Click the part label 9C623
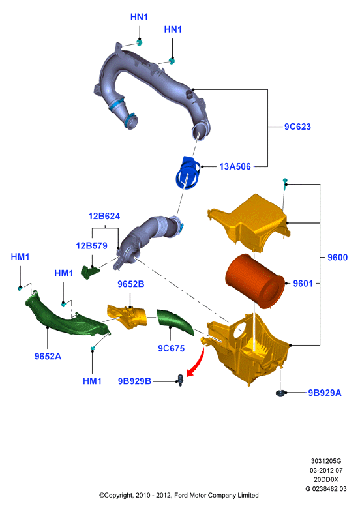(x=297, y=127)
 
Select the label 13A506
(x=235, y=166)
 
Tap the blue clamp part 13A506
(x=188, y=173)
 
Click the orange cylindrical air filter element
(x=255, y=281)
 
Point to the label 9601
(x=303, y=284)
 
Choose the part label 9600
(x=337, y=258)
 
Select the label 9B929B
(x=134, y=381)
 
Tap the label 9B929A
(x=324, y=393)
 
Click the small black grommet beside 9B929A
(x=280, y=393)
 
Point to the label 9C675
(x=171, y=349)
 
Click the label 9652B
(x=131, y=284)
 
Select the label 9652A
(x=48, y=356)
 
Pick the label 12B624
(x=104, y=216)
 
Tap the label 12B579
(x=92, y=246)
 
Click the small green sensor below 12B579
(x=90, y=272)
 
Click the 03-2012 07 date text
(x=326, y=470)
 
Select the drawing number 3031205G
(x=326, y=461)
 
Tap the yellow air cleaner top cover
(x=250, y=222)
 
